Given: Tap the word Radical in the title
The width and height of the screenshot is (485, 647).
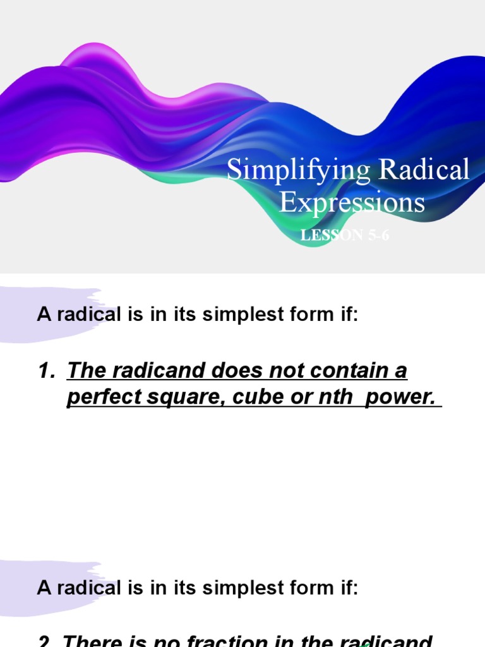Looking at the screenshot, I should tap(424, 171).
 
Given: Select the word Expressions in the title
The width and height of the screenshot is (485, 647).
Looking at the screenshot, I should tap(352, 203).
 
